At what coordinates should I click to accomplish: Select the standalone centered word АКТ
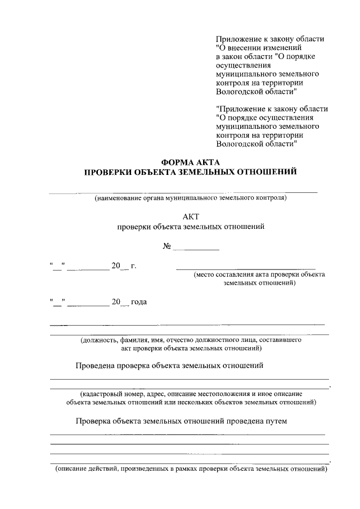pyautogui.click(x=191, y=215)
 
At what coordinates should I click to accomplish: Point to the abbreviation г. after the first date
pyautogui.click(x=133, y=265)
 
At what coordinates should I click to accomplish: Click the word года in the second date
pyautogui.click(x=139, y=302)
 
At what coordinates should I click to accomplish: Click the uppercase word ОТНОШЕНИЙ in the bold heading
pyautogui.click(x=264, y=172)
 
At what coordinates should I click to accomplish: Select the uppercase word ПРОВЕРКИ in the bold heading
pyautogui.click(x=107, y=172)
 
